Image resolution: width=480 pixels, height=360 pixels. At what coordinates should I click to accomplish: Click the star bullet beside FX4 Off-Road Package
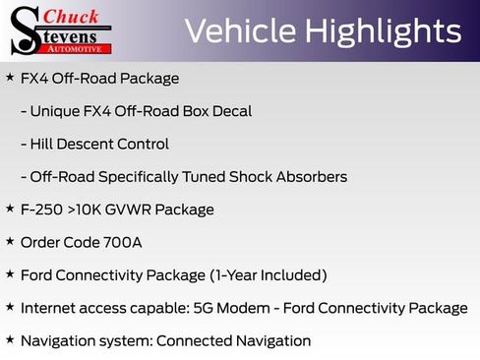tap(10, 77)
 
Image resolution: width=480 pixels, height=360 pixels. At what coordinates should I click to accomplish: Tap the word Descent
tap(88, 144)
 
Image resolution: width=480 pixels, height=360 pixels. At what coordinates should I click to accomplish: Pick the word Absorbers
tap(308, 177)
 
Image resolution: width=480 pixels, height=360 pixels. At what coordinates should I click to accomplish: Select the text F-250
tap(42, 210)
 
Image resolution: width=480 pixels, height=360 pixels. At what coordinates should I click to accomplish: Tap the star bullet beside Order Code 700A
tap(10, 241)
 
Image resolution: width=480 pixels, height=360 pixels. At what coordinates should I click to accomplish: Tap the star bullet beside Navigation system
tap(10, 339)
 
